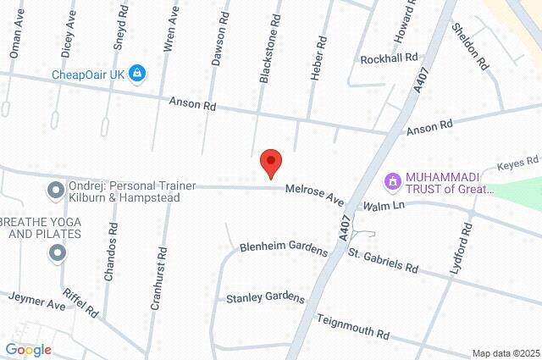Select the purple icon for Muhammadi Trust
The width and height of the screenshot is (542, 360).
[x=392, y=181]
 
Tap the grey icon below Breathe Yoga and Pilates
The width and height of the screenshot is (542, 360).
[x=57, y=252]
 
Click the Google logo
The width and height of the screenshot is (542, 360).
[x=28, y=349]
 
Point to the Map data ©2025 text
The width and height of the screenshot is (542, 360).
[x=506, y=353]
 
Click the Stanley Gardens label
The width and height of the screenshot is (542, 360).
[x=265, y=297]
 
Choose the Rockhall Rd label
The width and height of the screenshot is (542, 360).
[x=389, y=58]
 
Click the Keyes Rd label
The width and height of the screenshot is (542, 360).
[x=517, y=161]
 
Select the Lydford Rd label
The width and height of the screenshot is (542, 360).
[x=465, y=243]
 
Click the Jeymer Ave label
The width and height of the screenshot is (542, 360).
[x=37, y=300]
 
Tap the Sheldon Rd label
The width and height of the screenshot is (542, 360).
[x=471, y=47]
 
